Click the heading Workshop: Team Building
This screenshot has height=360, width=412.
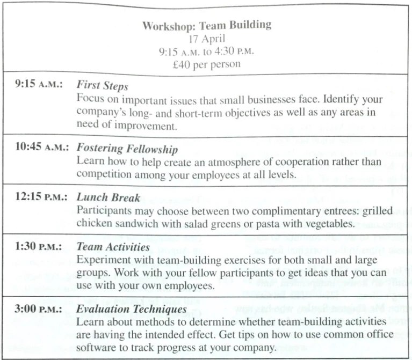coord(206,25)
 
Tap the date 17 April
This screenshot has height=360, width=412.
coord(206,39)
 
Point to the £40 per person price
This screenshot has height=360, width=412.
coord(206,64)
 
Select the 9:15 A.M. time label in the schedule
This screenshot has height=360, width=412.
coord(41,85)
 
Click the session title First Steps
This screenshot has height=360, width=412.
coord(102,86)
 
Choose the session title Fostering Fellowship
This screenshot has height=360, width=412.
coord(127,149)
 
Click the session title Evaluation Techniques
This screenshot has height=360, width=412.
coord(131,310)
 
